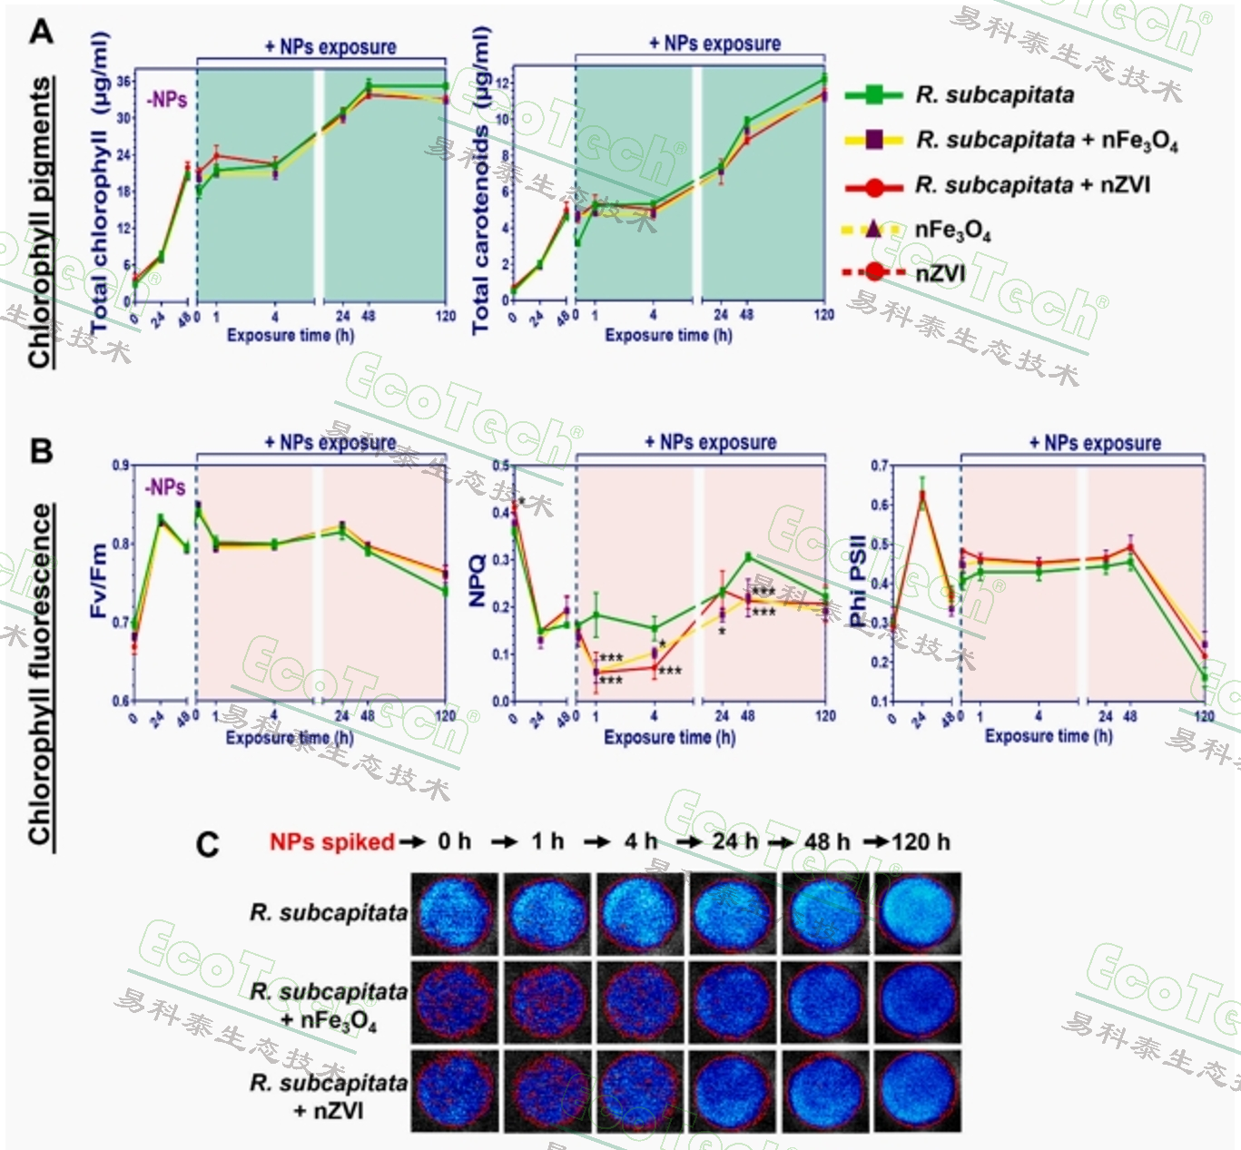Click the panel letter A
click(41, 32)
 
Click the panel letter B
click(41, 451)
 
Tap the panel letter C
click(207, 845)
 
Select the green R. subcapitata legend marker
click(873, 94)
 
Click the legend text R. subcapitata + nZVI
click(1032, 185)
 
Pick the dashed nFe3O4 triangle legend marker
click(873, 229)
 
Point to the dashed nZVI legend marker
click(873, 271)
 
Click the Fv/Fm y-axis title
click(99, 581)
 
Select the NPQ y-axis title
click(478, 581)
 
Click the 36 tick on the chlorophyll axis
click(123, 82)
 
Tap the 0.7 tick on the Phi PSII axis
click(879, 466)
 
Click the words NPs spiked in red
click(331, 842)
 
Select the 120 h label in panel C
click(921, 842)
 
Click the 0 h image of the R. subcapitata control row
click(454, 913)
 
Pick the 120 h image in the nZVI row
click(919, 1090)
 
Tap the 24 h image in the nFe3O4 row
click(734, 1002)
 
